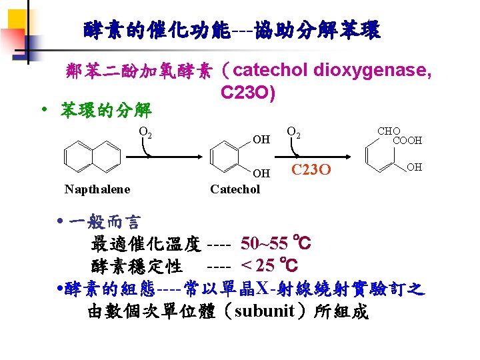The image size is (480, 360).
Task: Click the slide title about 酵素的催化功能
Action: [232, 30]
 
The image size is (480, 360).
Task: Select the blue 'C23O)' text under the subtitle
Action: [247, 94]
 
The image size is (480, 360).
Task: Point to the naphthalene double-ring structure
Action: [83, 157]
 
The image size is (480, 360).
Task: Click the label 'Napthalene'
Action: [97, 189]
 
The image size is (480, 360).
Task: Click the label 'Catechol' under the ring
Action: [235, 189]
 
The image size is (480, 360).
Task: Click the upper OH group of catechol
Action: [261, 139]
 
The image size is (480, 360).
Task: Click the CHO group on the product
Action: [389, 131]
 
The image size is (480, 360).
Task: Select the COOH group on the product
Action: [407, 141]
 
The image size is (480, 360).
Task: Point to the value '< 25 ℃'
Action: [269, 266]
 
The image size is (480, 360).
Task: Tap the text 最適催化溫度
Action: [145, 245]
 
